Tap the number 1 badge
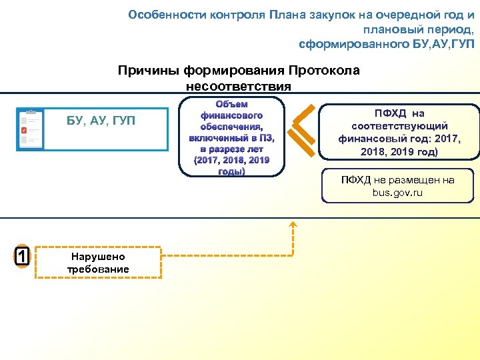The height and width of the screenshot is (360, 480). coord(22,256)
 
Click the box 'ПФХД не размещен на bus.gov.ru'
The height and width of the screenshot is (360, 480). coord(398,186)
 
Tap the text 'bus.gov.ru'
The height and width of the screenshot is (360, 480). coord(398,193)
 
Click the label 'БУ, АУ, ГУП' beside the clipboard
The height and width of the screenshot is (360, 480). coord(101,121)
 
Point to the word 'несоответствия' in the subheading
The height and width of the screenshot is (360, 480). coord(239,87)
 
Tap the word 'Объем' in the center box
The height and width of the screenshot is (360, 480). coord(231,104)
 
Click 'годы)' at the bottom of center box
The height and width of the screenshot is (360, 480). coord(231,171)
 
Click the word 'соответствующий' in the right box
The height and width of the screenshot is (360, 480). coord(399,125)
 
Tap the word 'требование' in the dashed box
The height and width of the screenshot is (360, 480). coord(97,269)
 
